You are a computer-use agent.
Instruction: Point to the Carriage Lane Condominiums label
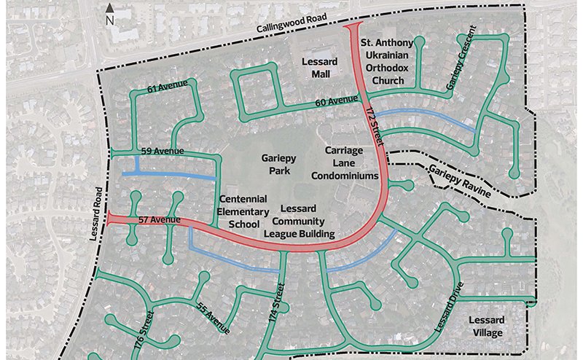[x=345, y=163]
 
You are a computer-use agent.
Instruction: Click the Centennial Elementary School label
[x=243, y=211]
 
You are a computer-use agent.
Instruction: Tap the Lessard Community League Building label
[x=302, y=221]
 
